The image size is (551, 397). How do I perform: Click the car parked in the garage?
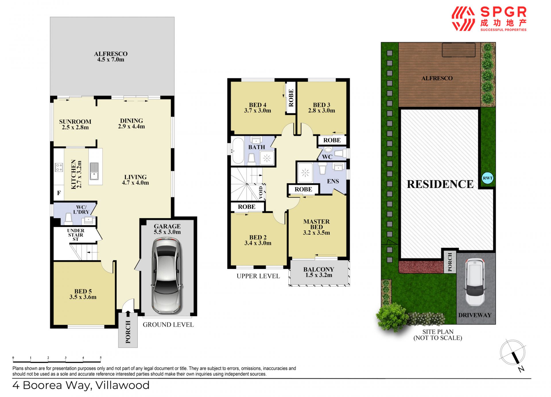pyautogui.click(x=167, y=276)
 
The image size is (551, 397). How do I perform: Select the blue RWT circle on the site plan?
pyautogui.click(x=487, y=178)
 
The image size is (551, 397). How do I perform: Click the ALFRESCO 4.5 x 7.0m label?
pyautogui.click(x=111, y=57)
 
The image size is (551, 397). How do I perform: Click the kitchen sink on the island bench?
pyautogui.click(x=94, y=171)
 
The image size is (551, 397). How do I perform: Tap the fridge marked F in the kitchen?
pyautogui.click(x=59, y=193)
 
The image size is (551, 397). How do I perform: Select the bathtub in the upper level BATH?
pyautogui.click(x=238, y=151)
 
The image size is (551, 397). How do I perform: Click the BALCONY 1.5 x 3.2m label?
pyautogui.click(x=319, y=272)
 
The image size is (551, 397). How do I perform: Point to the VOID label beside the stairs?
pyautogui.click(x=261, y=192)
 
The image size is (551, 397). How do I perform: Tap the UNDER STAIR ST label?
pyautogui.click(x=75, y=235)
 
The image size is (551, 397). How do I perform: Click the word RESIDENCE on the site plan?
pyautogui.click(x=440, y=184)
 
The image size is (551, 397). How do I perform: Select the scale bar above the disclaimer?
pyautogui.click(x=57, y=359)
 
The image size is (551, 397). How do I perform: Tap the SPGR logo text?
pyautogui.click(x=503, y=12)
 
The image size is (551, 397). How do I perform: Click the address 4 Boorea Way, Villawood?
pyautogui.click(x=81, y=385)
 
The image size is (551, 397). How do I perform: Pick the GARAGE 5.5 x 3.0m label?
pyautogui.click(x=167, y=229)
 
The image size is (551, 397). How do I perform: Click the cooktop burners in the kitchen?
pyautogui.click(x=59, y=167)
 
